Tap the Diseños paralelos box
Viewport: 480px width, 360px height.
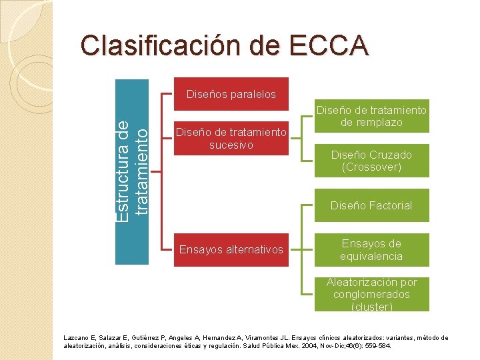231,94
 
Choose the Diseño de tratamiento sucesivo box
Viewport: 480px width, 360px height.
231,139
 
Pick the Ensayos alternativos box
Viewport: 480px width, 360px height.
231,250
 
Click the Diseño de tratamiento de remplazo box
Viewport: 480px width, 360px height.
371,117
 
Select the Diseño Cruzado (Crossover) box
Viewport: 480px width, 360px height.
371,161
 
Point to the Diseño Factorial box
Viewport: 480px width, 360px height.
371,205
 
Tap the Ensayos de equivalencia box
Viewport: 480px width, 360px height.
371,250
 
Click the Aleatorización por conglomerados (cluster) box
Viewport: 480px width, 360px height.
371,295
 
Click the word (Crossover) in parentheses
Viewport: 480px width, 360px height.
371,167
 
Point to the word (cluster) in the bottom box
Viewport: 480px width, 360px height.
371,307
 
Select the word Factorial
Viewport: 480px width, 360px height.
389,205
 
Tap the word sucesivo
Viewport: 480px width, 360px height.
231,145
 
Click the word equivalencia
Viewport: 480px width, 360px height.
371,256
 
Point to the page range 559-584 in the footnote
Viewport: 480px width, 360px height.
378,347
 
